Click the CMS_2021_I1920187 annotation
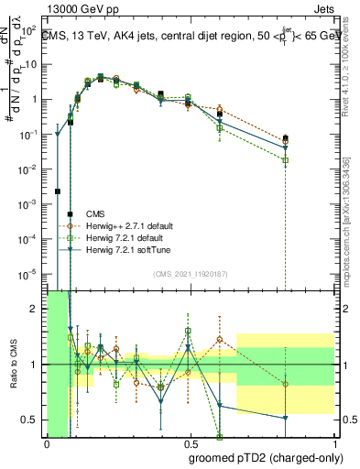[190, 275]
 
